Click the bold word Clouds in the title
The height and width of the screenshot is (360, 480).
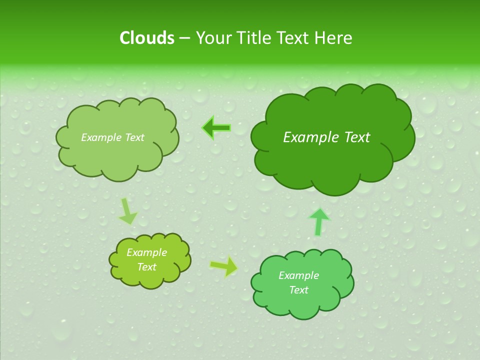coord(147,38)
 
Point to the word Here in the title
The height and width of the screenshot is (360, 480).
coord(333,38)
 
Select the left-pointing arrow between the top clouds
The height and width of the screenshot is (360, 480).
coord(216,128)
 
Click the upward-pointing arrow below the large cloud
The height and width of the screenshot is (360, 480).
coord(319,221)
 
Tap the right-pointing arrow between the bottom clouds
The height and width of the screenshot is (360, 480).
coord(224,266)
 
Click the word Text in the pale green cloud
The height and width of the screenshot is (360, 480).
coord(134,137)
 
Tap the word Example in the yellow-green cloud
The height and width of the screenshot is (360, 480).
coord(146,252)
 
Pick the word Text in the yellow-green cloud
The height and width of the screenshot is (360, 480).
coord(146,267)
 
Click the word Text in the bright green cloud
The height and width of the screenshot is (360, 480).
coord(298,290)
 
